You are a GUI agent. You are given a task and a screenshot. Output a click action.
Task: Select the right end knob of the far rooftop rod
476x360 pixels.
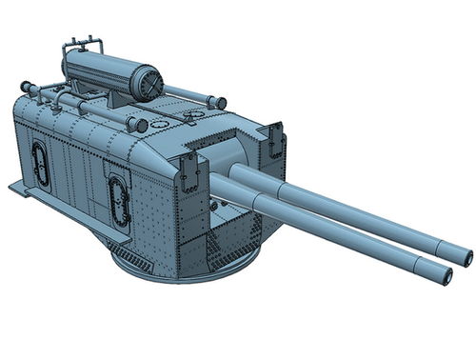(x=219, y=102)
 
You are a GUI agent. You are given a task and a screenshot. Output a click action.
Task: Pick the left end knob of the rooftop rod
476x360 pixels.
(x=28, y=89)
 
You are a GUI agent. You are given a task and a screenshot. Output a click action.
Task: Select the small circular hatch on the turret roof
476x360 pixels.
(x=195, y=117)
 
